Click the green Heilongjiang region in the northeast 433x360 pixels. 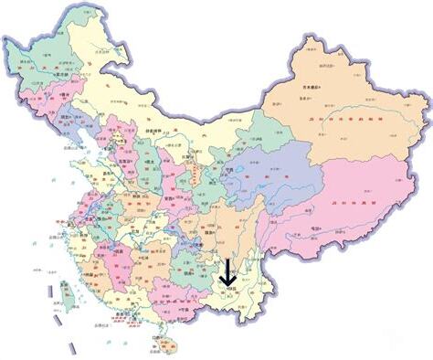pos(46,64)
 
